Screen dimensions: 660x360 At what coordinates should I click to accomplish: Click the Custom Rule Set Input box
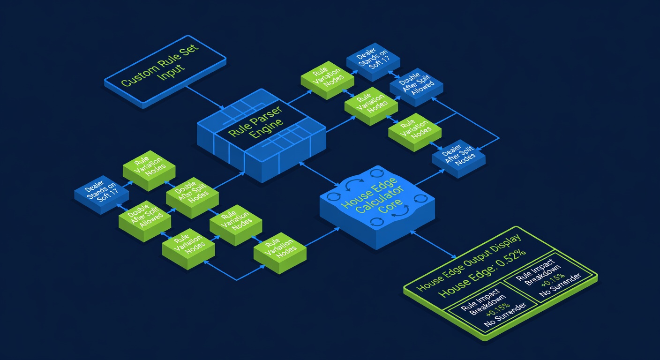[x=165, y=72]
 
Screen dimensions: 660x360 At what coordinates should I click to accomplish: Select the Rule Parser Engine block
[x=262, y=135]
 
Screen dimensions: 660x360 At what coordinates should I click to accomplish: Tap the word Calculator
[x=380, y=200]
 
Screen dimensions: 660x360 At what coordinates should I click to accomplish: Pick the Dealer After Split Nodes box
[x=459, y=159]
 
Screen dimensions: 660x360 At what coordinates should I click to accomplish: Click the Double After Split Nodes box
[x=192, y=198]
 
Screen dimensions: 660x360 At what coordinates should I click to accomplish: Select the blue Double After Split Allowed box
[x=416, y=87]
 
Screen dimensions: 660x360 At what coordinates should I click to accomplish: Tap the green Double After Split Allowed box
[x=145, y=221]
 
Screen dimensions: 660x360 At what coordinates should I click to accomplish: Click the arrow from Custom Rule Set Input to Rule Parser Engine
[x=205, y=97]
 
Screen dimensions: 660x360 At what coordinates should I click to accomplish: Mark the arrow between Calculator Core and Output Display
[x=433, y=244]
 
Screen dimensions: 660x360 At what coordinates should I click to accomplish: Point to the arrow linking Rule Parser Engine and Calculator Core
[x=319, y=174]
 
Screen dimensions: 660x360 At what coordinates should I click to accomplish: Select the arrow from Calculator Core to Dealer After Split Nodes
[x=429, y=177]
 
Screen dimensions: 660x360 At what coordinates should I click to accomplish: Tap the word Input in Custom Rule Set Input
[x=172, y=73]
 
